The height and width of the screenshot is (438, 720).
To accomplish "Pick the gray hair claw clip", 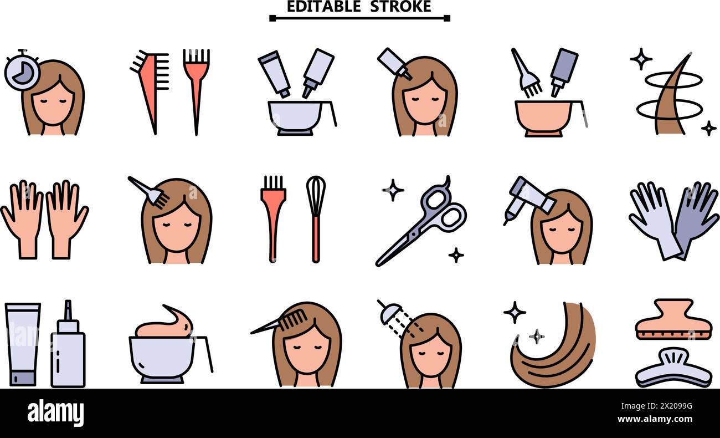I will coord(672,371).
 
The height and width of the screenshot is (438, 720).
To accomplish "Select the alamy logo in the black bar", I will coord(55,413).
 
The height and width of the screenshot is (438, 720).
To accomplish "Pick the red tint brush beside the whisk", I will coord(273,216).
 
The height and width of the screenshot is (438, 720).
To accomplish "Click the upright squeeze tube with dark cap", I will coord(22,344).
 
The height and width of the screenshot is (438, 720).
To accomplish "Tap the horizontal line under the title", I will coord(359,18).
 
